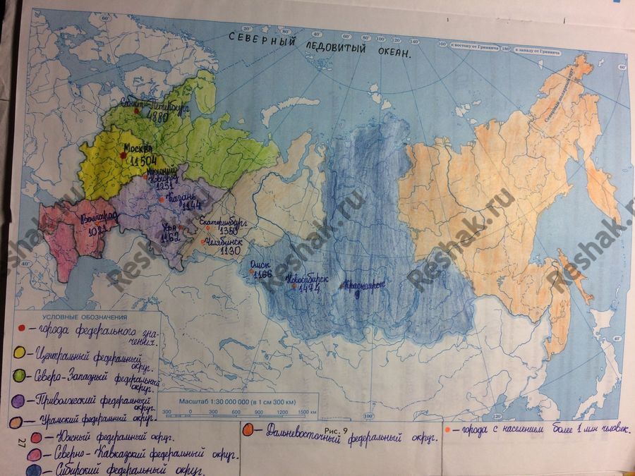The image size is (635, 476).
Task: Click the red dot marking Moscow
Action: [124, 157]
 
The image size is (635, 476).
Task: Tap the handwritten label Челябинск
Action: [226, 240]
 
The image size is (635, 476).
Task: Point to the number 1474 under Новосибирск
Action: [308, 288]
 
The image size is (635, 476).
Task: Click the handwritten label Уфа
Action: [170, 228]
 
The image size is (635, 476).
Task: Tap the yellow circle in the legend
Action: [20, 350]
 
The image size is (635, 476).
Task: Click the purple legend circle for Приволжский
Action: [20, 399]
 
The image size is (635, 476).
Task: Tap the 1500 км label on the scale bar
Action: [304, 412]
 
